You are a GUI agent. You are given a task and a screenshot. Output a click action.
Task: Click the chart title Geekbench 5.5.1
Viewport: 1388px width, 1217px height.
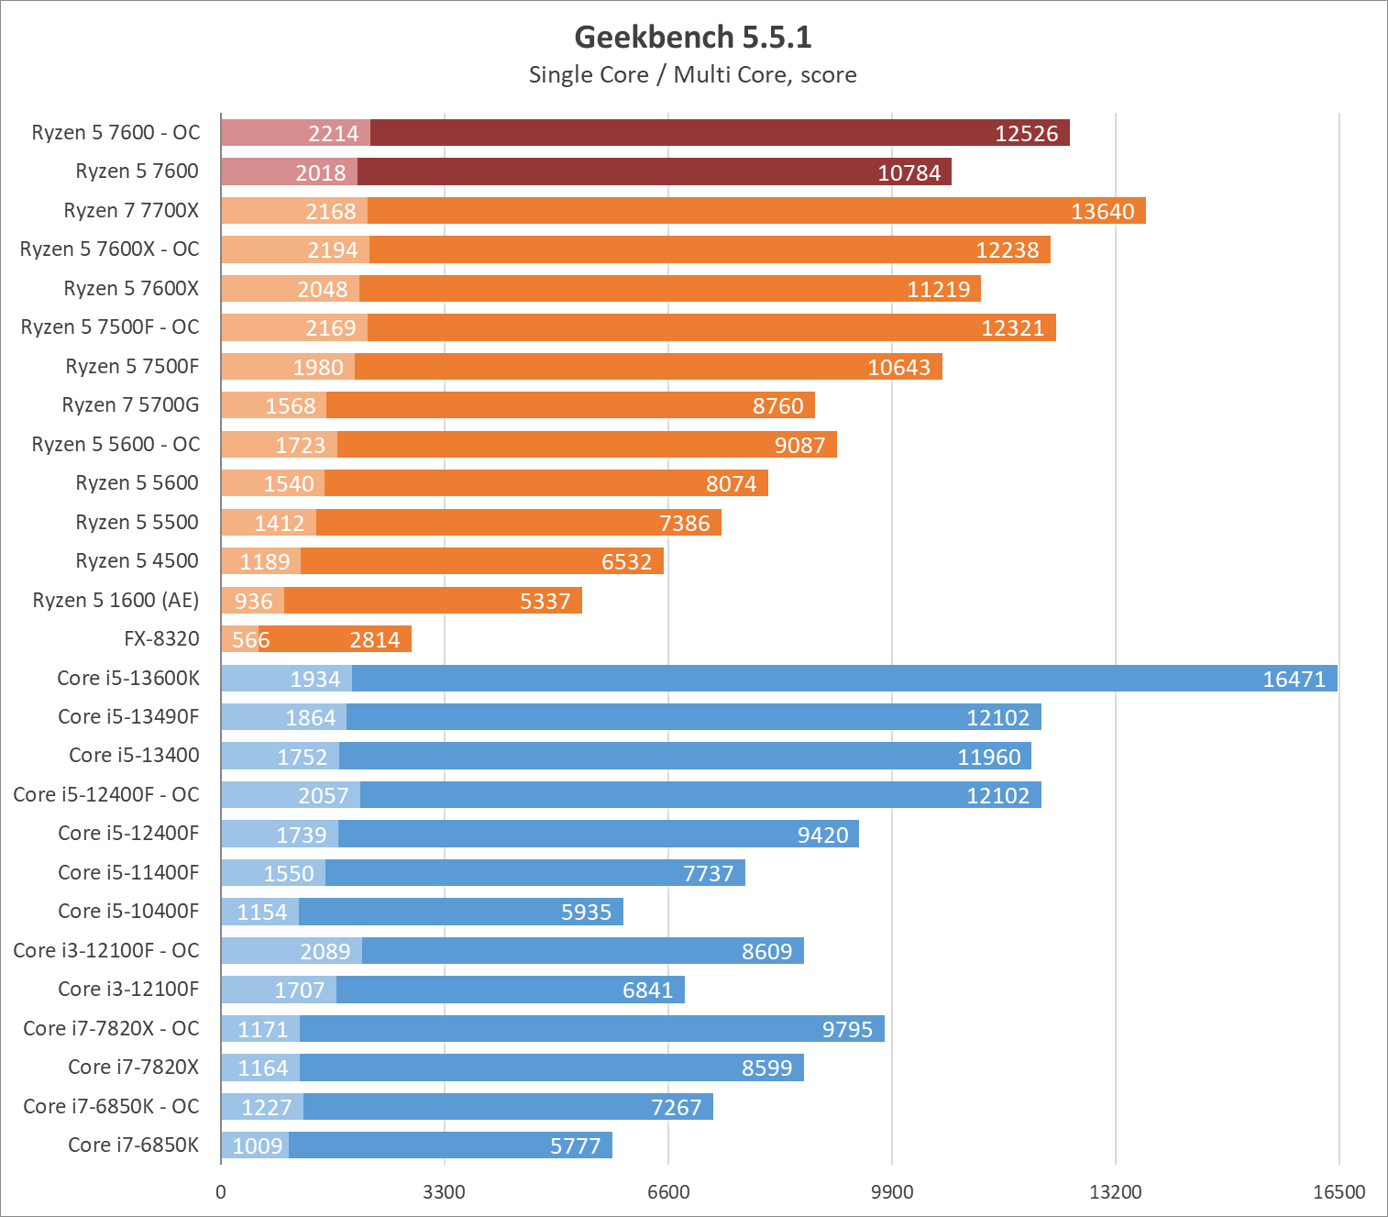tap(693, 37)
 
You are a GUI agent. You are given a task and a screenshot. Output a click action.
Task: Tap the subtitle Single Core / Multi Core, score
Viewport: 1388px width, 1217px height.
tap(693, 75)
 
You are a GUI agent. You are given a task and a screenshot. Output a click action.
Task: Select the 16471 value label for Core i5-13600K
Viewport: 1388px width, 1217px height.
tap(1294, 680)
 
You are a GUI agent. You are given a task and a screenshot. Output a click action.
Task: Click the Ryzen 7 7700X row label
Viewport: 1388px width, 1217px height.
tap(131, 211)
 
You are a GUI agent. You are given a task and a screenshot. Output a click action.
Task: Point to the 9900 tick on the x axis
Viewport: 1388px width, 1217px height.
tap(892, 1191)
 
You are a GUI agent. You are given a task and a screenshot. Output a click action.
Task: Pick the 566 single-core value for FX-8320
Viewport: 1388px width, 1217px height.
tap(251, 640)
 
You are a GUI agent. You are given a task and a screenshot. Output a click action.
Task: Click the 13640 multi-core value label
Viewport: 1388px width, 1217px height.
tap(1103, 212)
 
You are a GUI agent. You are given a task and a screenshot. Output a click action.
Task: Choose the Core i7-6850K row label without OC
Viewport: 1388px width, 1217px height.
tap(133, 1145)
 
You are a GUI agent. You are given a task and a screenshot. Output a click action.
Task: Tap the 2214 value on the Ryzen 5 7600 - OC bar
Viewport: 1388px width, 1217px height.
tap(333, 134)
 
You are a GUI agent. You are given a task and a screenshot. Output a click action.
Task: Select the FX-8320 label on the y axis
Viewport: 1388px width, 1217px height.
tap(161, 638)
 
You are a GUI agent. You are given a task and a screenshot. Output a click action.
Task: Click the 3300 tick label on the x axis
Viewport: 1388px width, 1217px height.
tap(445, 1191)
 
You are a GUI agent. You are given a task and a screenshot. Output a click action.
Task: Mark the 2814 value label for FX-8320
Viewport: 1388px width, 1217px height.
tap(375, 640)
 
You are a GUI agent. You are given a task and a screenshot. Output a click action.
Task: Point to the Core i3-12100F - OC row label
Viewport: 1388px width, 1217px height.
tap(106, 950)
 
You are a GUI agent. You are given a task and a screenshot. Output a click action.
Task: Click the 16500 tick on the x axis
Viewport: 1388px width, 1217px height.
tap(1338, 1191)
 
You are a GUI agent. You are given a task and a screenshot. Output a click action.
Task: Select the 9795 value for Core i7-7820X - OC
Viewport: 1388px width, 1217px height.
tap(847, 1030)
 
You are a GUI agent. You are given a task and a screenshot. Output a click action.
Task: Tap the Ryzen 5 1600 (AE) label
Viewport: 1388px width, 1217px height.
tap(116, 600)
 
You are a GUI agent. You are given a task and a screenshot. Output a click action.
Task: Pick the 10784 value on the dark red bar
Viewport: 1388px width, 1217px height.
tap(909, 173)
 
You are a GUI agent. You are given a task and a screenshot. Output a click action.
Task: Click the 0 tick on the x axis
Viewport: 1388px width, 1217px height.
tap(220, 1191)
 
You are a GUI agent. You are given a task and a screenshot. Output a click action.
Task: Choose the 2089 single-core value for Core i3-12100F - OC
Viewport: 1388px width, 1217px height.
tap(325, 952)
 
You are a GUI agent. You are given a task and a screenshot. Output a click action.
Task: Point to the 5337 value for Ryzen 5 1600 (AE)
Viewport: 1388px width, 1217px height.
tap(545, 602)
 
